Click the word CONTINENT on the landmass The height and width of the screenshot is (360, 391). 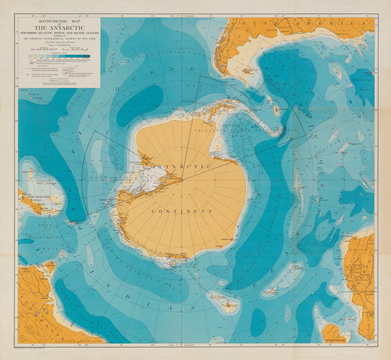tap(182, 212)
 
